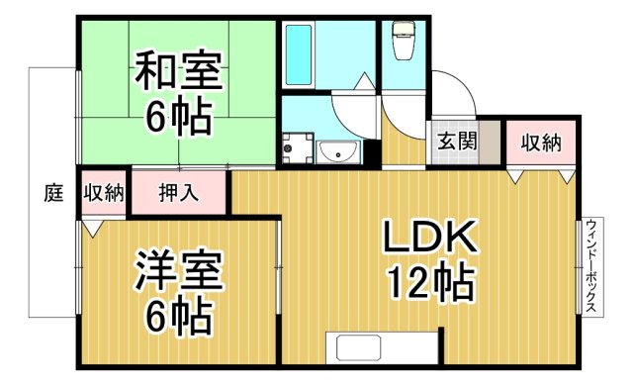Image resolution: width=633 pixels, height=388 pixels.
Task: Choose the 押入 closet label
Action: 178,192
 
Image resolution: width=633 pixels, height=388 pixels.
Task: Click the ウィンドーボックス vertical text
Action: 590,265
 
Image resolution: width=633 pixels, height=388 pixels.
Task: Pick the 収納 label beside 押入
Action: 103,192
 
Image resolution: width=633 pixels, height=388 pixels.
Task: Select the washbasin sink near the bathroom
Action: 339,151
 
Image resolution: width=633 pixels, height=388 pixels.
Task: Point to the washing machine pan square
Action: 294,148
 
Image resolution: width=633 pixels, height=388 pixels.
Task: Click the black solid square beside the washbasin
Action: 372,152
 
